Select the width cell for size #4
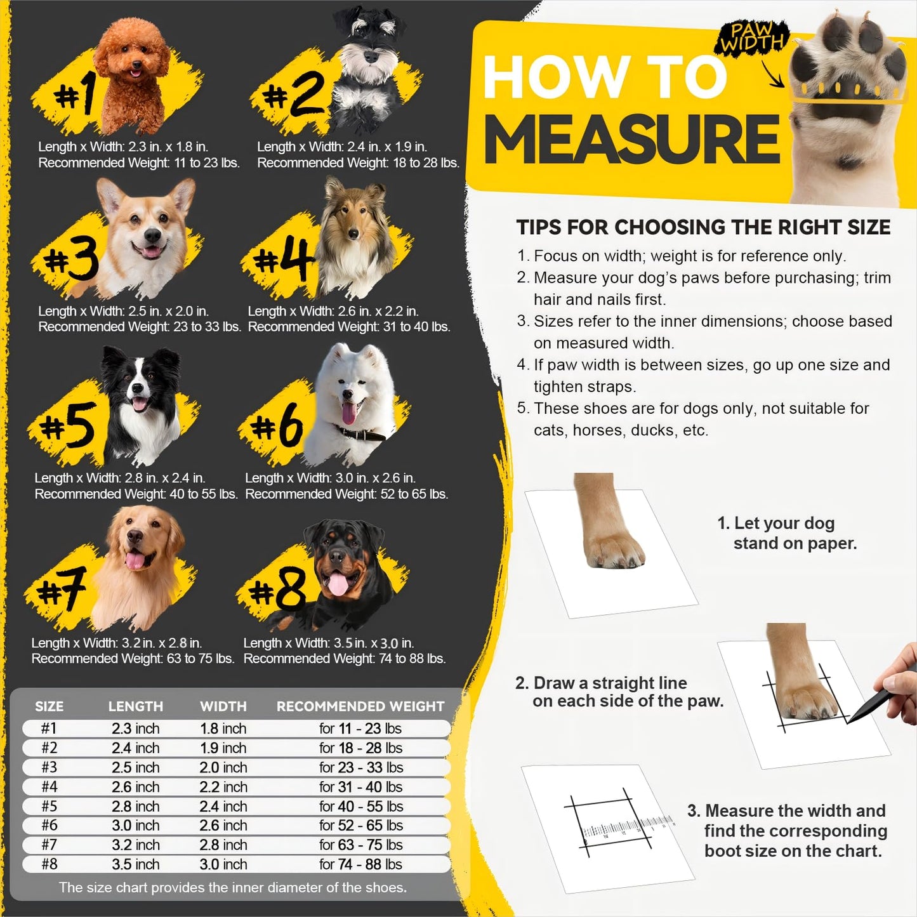point(223,787)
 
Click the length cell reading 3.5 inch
point(135,864)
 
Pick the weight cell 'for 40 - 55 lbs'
point(360,806)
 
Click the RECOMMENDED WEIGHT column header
point(360,706)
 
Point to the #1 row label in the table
point(49,729)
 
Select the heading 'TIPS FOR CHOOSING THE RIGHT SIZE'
point(703,227)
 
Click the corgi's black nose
point(152,236)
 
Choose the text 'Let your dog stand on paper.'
point(787,533)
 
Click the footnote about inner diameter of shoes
point(232,887)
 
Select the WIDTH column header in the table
point(223,706)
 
